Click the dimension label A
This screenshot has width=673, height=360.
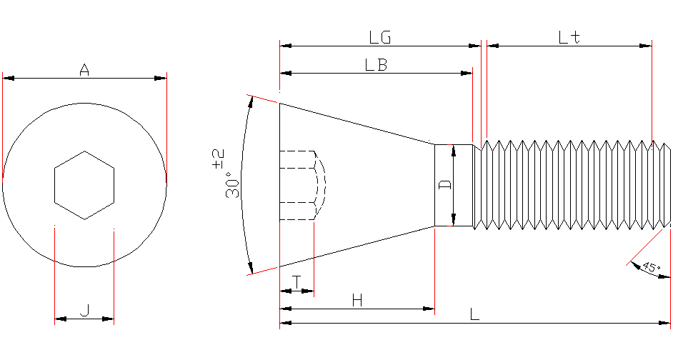84,70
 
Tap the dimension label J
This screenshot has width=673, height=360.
84,310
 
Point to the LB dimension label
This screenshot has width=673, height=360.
376,64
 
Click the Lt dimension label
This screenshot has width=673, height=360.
569,37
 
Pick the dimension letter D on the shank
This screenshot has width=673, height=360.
444,184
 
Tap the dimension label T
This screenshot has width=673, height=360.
296,282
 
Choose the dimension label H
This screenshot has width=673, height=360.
357,301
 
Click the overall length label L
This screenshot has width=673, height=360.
474,314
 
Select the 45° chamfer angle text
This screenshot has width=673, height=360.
650,268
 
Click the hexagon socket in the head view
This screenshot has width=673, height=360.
84,185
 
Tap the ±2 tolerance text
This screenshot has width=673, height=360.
218,159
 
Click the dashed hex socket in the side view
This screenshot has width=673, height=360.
300,185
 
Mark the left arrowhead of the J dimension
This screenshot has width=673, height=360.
59,319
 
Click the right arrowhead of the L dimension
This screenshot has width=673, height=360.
666,324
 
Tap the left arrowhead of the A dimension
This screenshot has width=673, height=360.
7,78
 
